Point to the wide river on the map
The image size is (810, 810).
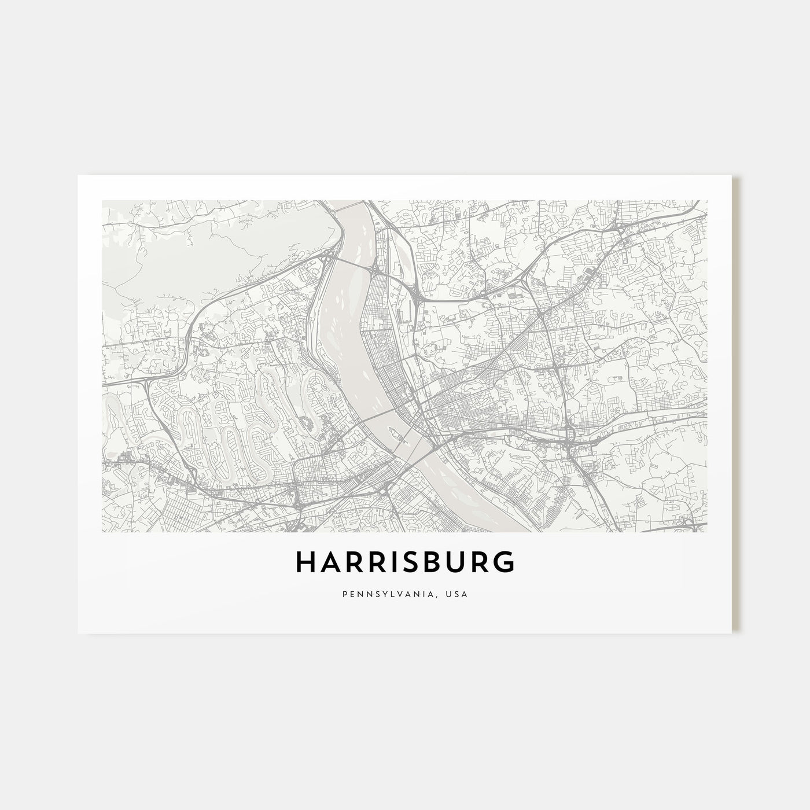[347, 324]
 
